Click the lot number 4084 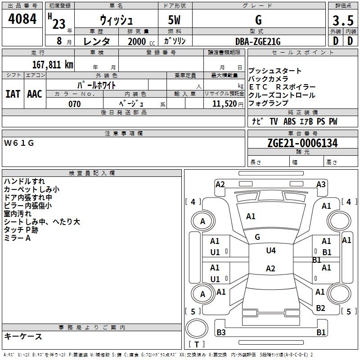click(x=22, y=20)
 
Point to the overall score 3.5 click(x=342, y=21)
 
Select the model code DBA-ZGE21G click(x=258, y=41)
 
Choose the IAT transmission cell click(x=13, y=94)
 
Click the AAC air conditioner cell click(x=34, y=94)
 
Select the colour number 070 click(x=74, y=104)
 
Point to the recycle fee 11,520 click(x=224, y=104)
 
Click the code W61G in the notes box click(x=19, y=143)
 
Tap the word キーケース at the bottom click(x=23, y=337)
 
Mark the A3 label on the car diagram click(x=321, y=184)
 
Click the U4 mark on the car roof click(x=271, y=250)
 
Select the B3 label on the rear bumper click(x=221, y=333)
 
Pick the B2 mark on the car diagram click(x=320, y=308)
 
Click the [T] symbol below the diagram click(x=197, y=344)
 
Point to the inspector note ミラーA click(x=17, y=238)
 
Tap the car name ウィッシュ click(x=116, y=21)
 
